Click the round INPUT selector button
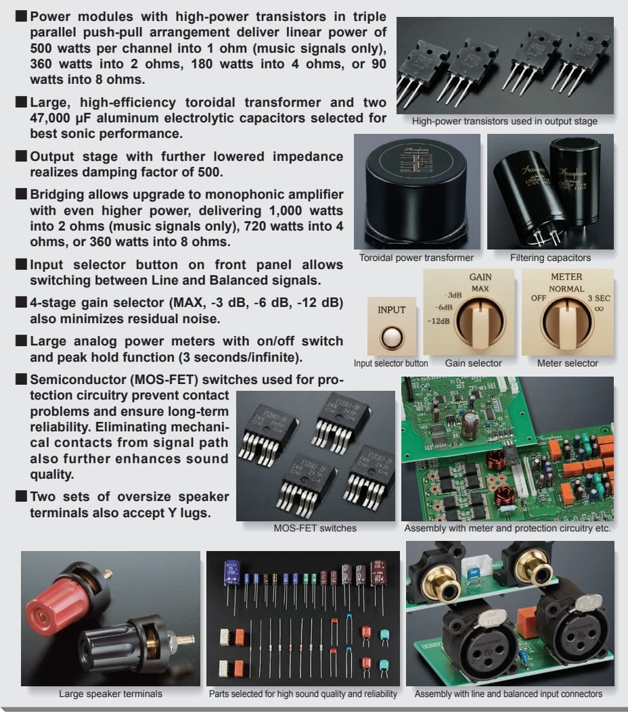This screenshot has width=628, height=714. (x=391, y=337)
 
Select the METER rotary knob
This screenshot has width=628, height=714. (x=567, y=321)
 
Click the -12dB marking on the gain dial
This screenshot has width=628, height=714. (x=439, y=321)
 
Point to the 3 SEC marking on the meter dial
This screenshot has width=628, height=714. (x=599, y=298)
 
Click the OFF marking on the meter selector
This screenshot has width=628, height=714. (x=539, y=297)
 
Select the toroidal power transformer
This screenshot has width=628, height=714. (x=418, y=191)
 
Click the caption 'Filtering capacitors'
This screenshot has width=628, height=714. (x=550, y=258)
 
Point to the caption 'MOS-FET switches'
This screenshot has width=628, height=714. (x=315, y=528)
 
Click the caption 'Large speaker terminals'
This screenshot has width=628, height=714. (x=110, y=694)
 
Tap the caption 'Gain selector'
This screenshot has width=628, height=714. (x=473, y=363)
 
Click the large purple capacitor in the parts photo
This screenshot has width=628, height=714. (x=231, y=574)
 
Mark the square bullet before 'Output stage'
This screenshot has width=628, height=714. (x=21, y=156)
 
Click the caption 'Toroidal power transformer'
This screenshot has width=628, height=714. (x=416, y=258)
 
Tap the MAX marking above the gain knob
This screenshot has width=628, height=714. (x=480, y=289)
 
